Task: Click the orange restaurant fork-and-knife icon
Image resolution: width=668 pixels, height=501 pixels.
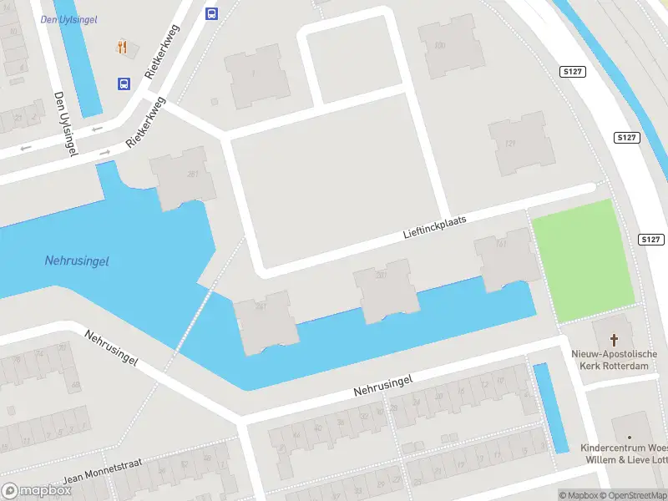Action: [x=123, y=47]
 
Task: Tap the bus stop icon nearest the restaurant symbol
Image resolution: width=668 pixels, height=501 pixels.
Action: [x=124, y=83]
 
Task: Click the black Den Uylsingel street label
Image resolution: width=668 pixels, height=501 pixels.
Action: [x=63, y=122]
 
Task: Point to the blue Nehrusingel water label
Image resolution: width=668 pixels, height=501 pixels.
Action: [x=77, y=261]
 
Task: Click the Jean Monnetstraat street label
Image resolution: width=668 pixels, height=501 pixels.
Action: [x=102, y=474]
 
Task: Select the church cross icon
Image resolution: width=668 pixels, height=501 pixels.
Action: [x=615, y=339]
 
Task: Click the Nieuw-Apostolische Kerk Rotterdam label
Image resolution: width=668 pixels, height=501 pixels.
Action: [x=615, y=359]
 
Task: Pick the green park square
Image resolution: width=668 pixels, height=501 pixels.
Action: [x=584, y=261]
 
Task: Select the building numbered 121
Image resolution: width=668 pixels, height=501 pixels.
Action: [x=521, y=144]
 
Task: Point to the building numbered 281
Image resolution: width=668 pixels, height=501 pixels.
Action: [x=182, y=177]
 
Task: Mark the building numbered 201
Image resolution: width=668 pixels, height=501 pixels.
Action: [x=383, y=289]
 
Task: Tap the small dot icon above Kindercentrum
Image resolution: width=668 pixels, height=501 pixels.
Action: [x=630, y=437]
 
